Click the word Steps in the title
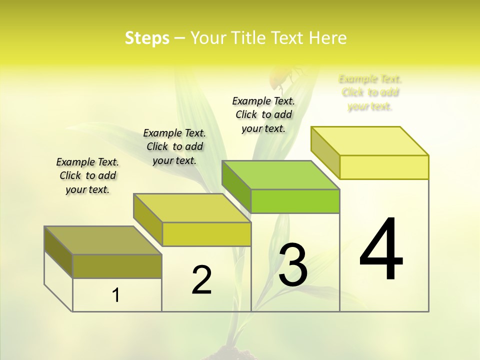[x=147, y=38]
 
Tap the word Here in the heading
[x=327, y=38]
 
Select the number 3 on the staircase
[x=293, y=264]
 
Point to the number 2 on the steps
[x=201, y=280]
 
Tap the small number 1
[x=116, y=295]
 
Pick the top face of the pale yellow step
[x=370, y=141]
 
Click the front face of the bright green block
[x=295, y=201]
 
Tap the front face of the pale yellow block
[x=384, y=167]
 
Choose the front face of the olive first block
[x=117, y=266]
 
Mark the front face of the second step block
[x=206, y=234]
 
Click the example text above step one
[x=87, y=175]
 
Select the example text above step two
[x=174, y=146]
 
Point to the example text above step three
[x=263, y=114]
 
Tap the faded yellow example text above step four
[x=370, y=92]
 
